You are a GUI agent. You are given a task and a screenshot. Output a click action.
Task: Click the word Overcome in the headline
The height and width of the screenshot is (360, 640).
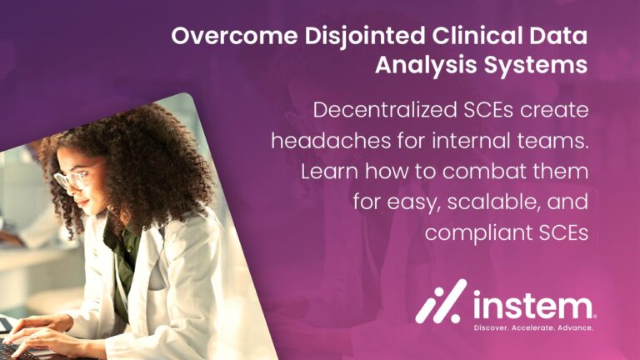tap(234, 36)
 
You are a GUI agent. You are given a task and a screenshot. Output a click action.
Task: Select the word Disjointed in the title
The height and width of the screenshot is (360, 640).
tap(365, 37)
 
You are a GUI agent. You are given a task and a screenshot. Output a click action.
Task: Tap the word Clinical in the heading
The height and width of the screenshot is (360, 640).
tap(477, 36)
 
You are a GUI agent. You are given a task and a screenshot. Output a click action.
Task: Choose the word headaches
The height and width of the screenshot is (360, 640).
tap(331, 141)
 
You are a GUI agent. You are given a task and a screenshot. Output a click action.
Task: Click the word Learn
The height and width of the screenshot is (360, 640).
tap(329, 172)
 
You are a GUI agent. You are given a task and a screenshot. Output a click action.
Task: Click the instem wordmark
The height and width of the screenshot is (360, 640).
tap(534, 305)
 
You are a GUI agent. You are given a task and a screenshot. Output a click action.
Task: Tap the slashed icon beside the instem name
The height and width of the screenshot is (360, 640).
tap(441, 301)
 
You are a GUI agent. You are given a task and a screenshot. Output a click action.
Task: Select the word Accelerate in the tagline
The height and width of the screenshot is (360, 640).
tap(532, 327)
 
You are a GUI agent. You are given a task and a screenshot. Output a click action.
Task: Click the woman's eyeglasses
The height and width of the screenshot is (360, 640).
tap(74, 177)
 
